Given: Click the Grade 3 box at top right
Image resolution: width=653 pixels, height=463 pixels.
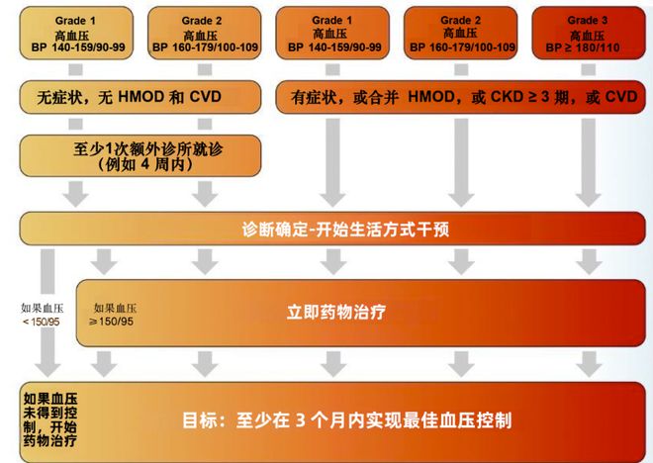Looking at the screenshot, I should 588,34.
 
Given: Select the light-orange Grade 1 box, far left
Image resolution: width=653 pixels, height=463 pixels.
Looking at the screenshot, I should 71,34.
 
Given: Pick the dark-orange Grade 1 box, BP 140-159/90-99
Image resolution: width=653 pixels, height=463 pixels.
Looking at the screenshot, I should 329,34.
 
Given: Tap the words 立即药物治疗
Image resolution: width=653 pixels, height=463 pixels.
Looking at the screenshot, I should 337,311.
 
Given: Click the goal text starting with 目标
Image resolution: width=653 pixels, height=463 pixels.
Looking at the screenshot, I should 347,419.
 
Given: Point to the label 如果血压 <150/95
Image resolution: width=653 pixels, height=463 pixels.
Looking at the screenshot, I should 42,315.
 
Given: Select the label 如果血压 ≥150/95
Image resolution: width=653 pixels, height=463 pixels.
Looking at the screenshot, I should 114,315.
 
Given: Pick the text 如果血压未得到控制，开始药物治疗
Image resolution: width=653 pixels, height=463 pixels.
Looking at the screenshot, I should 48,419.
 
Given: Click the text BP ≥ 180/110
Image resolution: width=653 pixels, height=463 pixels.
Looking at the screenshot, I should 588,47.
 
